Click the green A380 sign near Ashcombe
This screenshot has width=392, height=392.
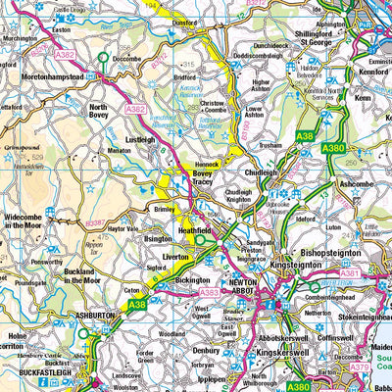(x=333, y=147)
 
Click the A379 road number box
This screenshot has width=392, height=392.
(x=361, y=367)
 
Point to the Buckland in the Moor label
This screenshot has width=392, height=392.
(x=82, y=273)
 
